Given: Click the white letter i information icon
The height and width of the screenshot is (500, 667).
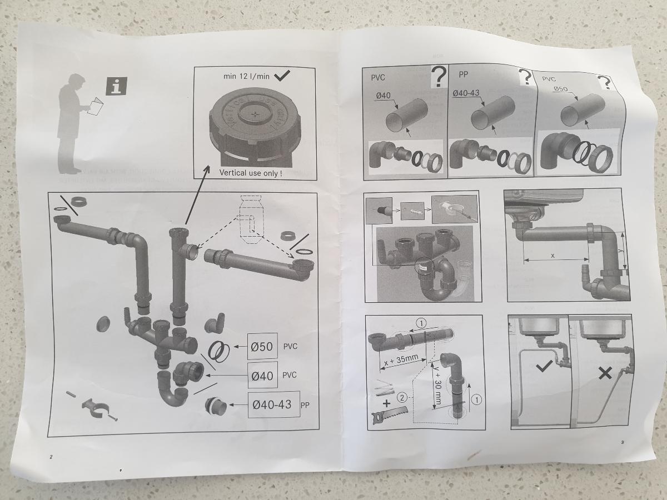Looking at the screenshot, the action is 116,86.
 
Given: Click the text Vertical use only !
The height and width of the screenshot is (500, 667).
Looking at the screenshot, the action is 251,173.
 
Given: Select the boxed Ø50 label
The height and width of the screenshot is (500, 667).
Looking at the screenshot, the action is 261,347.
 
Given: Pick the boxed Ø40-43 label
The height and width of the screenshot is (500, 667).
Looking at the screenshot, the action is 272,404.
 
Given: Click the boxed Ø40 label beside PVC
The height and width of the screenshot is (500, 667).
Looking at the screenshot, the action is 262,376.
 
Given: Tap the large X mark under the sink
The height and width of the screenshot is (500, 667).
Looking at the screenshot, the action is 605,373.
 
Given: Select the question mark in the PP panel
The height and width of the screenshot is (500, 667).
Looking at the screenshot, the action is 524,77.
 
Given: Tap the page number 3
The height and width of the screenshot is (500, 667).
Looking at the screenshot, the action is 623,442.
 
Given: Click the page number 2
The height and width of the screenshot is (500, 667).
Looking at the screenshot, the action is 51,457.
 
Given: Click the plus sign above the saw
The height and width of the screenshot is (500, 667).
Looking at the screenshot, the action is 387,402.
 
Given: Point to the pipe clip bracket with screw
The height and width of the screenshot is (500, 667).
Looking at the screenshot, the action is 94,408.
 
